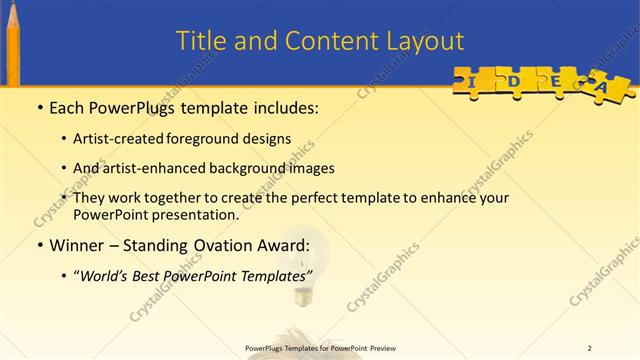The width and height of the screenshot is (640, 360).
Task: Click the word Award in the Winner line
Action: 281,245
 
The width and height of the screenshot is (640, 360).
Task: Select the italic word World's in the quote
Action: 107,275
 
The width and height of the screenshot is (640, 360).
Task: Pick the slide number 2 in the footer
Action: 589,348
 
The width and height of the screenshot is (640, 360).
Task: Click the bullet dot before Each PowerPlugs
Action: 38,106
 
